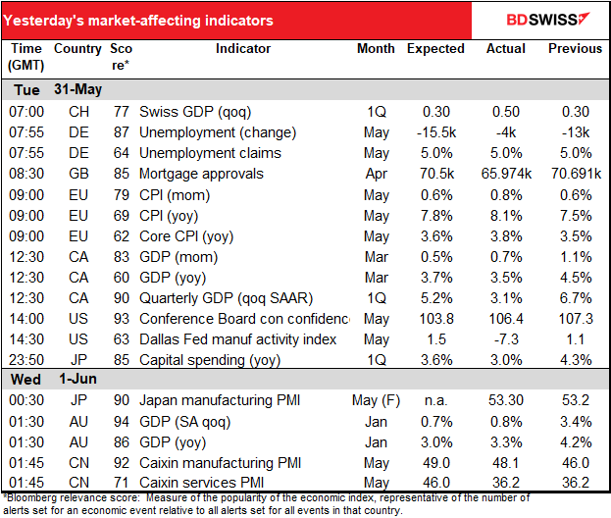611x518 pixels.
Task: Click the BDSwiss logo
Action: [548, 20]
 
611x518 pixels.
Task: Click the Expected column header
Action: [435, 49]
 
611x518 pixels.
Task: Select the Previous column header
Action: [575, 49]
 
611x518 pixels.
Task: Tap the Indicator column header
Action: [243, 49]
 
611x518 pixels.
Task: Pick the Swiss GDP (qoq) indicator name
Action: [195, 112]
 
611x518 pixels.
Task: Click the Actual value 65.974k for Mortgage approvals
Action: [506, 174]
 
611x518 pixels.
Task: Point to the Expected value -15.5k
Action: [436, 132]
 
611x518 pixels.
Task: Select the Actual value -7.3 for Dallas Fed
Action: [506, 339]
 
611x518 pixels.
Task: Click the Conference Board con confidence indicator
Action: [244, 319]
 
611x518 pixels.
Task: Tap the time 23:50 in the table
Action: [26, 360]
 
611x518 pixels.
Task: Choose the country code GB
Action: [78, 174]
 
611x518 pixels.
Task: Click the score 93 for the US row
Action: [122, 319]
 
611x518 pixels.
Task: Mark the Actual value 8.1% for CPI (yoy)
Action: [506, 216]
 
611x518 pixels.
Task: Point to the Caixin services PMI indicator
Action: [201, 483]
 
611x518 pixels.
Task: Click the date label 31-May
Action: [77, 89]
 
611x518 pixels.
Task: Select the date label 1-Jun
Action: [77, 380]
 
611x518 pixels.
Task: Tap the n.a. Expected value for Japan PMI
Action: [436, 400]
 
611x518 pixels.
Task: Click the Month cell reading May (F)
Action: [376, 400]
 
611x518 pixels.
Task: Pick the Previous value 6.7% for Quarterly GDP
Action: [576, 298]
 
